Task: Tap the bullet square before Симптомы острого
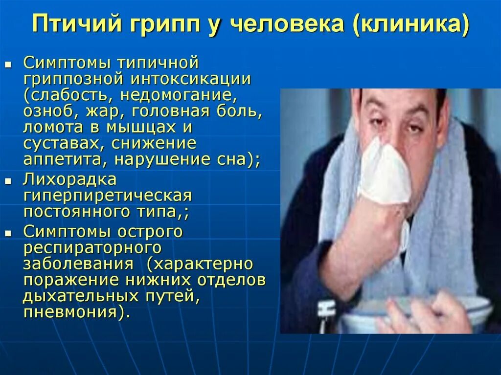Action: (x=8, y=233)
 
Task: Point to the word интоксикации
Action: (x=190, y=79)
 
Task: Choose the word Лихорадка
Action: (x=69, y=179)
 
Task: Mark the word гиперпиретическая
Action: (x=107, y=197)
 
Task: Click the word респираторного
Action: (x=92, y=248)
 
